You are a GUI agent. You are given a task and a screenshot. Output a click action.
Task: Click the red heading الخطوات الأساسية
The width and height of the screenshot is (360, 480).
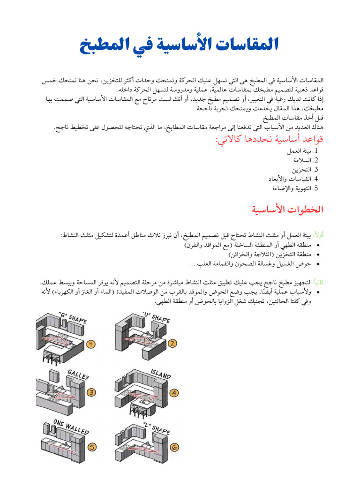pos(288,209)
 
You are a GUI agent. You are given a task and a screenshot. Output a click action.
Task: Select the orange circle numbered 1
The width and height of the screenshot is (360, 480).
pos(91,344)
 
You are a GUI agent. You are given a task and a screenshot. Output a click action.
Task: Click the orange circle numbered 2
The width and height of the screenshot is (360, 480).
pos(172,343)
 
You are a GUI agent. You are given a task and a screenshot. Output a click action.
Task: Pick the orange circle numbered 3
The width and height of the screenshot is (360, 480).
pos(92,392)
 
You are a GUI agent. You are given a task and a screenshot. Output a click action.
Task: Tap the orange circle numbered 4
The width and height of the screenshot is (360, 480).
pos(174,393)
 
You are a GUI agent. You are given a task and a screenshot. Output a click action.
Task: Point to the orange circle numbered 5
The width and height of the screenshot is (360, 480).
pos(93,447)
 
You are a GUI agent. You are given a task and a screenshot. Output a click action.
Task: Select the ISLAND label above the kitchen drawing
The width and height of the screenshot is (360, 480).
pos(160,374)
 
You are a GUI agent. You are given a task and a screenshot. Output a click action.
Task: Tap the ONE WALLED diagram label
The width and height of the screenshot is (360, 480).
pos(68,424)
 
